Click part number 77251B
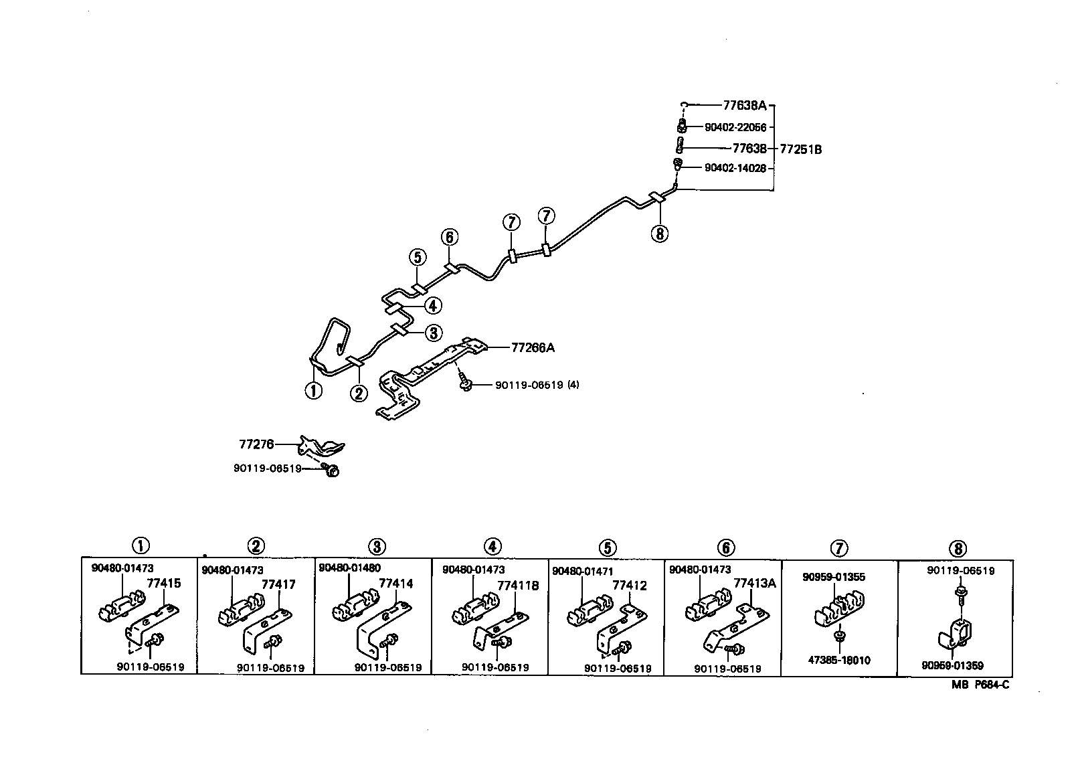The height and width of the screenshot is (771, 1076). [x=800, y=149]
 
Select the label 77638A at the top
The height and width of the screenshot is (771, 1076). [x=745, y=105]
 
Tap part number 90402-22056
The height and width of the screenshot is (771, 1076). [x=735, y=127]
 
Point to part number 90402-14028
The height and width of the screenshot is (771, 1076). [x=735, y=168]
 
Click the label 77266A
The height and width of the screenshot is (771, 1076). [x=533, y=347]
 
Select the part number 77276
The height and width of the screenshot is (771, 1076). [x=256, y=444]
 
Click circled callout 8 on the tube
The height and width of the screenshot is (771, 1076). [x=660, y=234]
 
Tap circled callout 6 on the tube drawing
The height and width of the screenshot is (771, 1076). [x=450, y=237]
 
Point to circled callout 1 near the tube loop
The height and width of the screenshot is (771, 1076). [x=313, y=390]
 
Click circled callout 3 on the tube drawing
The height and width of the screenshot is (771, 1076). [x=433, y=333]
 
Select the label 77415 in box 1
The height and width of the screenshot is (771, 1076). [x=164, y=583]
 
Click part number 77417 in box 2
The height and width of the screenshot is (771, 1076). [x=278, y=584]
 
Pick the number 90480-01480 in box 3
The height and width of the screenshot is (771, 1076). [x=349, y=568]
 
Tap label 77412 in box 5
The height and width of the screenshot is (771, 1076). [x=630, y=585]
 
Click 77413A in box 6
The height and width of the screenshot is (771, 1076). [x=754, y=583]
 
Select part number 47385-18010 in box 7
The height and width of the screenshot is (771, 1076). [x=839, y=660]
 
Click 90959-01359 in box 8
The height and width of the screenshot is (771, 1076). [x=952, y=666]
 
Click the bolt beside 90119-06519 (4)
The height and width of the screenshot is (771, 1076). [x=466, y=385]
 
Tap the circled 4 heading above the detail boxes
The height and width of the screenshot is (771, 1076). [x=492, y=547]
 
